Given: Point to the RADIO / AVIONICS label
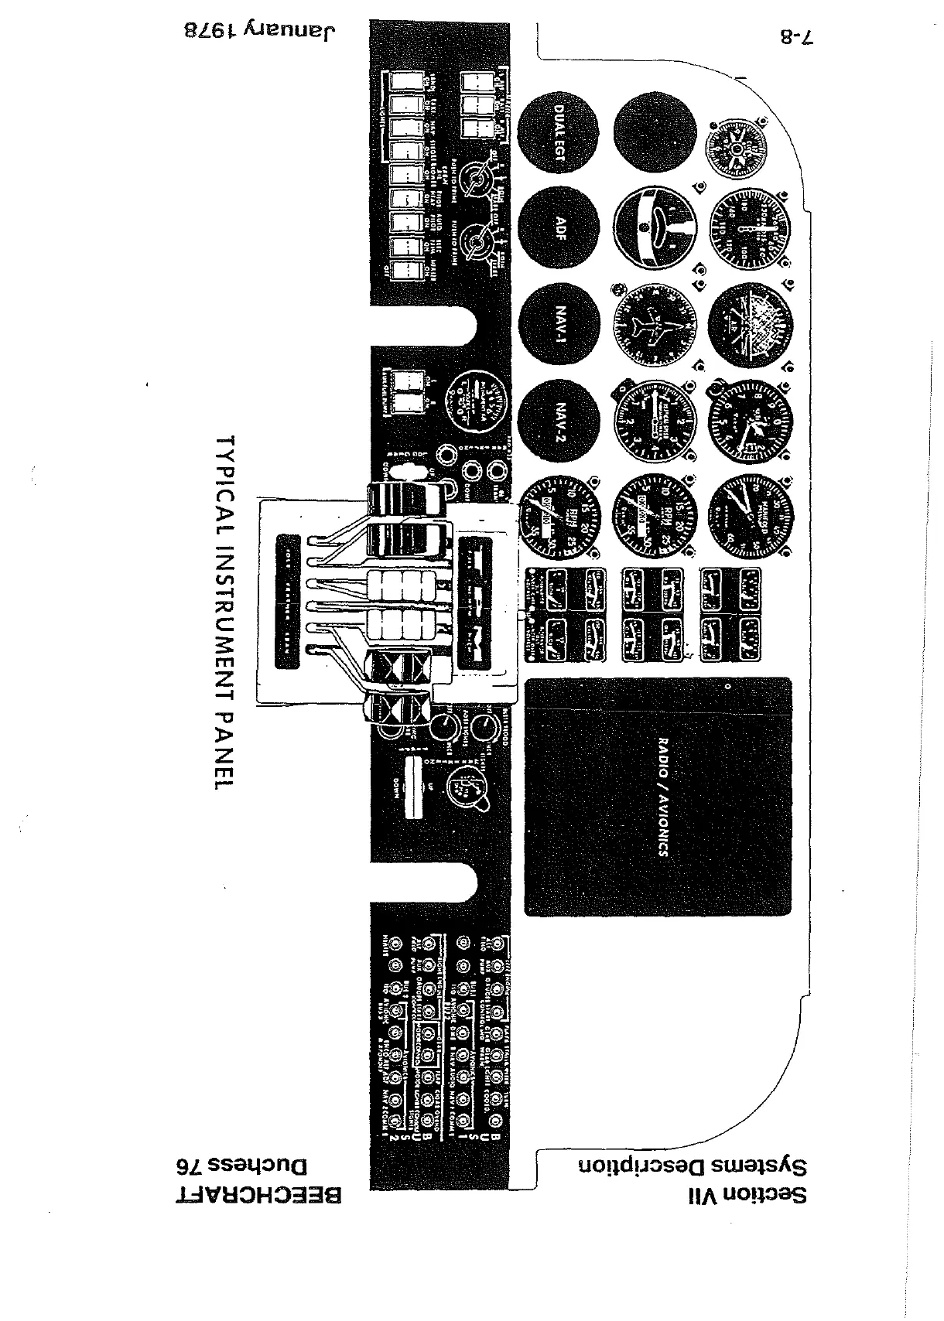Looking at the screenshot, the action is pos(662,797).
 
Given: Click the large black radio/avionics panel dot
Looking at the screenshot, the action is pos(728,686).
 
